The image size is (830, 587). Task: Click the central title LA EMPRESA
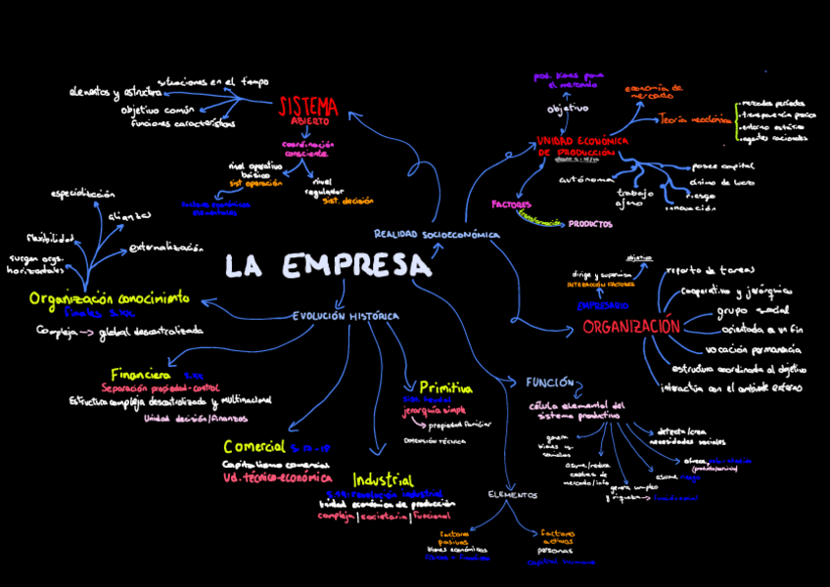[x=327, y=266]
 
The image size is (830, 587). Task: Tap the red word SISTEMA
[x=308, y=106]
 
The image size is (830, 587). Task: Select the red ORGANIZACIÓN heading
[x=630, y=327]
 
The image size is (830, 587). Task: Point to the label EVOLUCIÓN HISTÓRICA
[x=346, y=316]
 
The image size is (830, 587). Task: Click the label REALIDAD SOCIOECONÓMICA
[x=437, y=235]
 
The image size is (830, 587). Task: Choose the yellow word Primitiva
[x=445, y=387]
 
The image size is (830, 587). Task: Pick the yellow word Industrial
[x=384, y=480]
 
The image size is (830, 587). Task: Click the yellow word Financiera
[x=141, y=375]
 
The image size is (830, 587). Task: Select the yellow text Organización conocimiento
[x=109, y=298]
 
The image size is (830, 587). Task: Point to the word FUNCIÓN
[x=549, y=382]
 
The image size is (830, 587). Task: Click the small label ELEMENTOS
[x=513, y=495]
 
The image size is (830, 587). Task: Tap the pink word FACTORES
[x=511, y=205]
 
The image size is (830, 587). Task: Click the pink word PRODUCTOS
[x=590, y=224]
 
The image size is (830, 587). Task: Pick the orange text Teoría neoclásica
[x=695, y=119]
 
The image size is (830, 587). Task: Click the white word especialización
[x=83, y=194]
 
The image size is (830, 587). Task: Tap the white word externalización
[x=165, y=248]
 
